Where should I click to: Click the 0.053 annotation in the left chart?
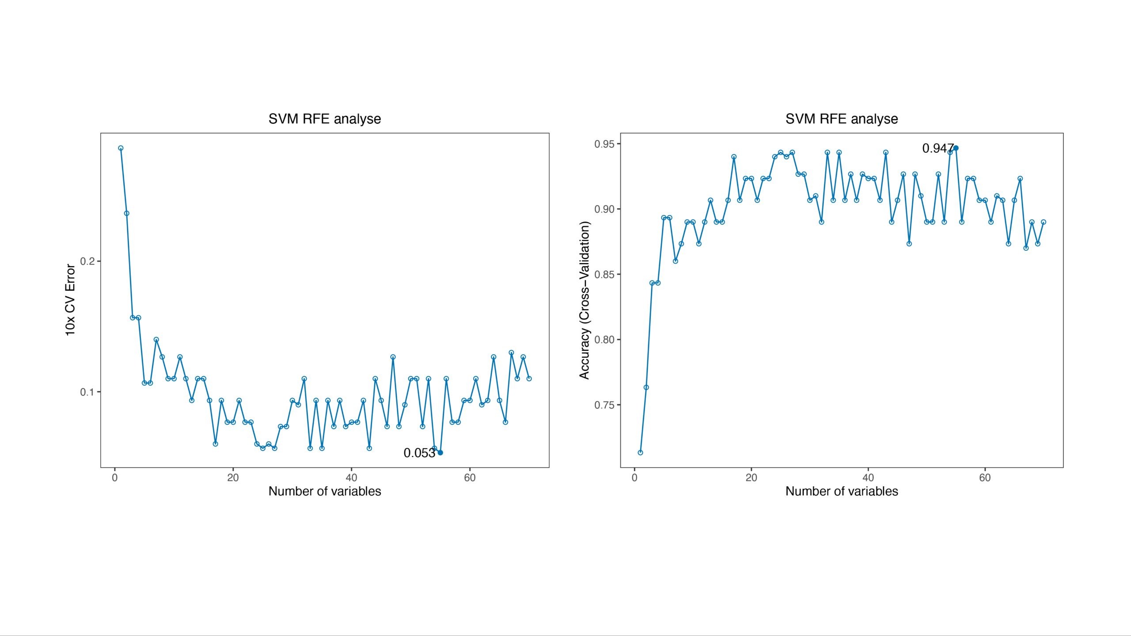pos(419,453)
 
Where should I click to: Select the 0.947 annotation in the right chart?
pos(937,148)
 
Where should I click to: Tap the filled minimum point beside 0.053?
pos(440,453)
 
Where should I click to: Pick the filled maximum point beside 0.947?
pos(956,148)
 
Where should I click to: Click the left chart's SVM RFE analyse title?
pos(325,119)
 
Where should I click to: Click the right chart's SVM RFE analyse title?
pos(842,119)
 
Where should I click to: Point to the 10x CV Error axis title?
pos(70,300)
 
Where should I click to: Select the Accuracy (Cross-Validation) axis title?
pos(584,300)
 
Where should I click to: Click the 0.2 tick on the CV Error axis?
pos(87,261)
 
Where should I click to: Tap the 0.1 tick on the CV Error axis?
pos(87,392)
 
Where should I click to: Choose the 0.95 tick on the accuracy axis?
pos(604,144)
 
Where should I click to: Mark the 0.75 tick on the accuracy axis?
pos(604,405)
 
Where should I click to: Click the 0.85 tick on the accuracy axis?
pos(604,274)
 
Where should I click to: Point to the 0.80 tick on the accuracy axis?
pos(604,340)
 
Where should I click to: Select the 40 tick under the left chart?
pos(351,477)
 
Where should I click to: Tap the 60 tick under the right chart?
pos(985,477)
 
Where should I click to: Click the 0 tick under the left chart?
pos(115,477)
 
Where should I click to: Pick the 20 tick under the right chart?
pos(751,477)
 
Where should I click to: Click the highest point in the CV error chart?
pos(121,148)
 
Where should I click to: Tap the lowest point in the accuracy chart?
pos(640,453)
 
